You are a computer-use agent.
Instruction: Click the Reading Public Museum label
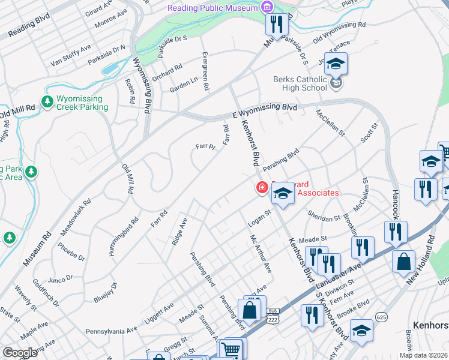(212, 8)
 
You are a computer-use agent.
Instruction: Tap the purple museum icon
(266, 7)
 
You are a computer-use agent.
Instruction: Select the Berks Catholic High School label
(300, 83)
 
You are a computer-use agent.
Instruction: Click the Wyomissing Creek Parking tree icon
(47, 101)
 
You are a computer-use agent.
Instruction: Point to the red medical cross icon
(262, 188)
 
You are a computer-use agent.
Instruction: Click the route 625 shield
(381, 316)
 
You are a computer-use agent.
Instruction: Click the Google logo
(20, 353)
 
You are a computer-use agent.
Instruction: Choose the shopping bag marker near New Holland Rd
(403, 261)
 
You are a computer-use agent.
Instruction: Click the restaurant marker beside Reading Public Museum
(276, 25)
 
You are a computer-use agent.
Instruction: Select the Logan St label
(260, 218)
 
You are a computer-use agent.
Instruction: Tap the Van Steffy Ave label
(71, 54)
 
